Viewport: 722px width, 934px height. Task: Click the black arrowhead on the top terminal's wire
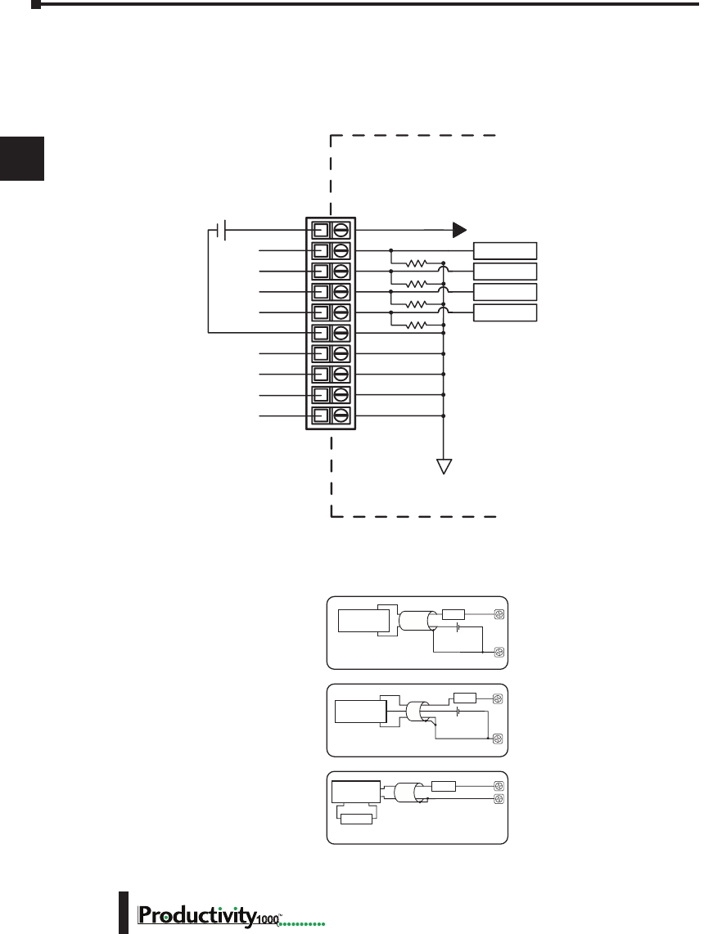pyautogui.click(x=460, y=230)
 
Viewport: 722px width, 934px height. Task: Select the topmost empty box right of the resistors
pyautogui.click(x=506, y=251)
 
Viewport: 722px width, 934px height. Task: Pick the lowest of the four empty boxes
pyautogui.click(x=506, y=312)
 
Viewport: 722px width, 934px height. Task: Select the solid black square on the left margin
pyautogui.click(x=22, y=158)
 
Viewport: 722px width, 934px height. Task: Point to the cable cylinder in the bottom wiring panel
pyautogui.click(x=410, y=793)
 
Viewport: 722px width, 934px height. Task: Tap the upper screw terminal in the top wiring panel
pyautogui.click(x=498, y=614)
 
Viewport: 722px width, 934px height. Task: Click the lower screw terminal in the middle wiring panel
pyautogui.click(x=498, y=739)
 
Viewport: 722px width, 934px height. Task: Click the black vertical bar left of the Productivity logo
pyautogui.click(x=124, y=913)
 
